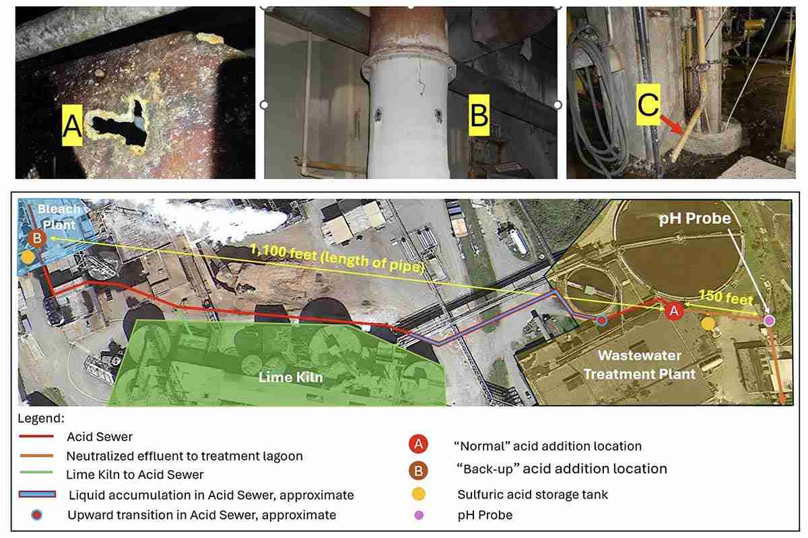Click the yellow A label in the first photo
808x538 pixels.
coord(72,125)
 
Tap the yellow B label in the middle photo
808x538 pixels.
coord(479,115)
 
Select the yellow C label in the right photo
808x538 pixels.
coord(648,104)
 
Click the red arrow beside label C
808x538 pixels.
coord(672,124)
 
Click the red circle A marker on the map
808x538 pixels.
coord(674,311)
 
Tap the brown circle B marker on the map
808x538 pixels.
coord(37,239)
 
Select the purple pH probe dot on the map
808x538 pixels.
coord(770,320)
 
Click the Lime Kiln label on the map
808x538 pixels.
coord(291,377)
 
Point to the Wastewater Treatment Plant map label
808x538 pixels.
coord(640,364)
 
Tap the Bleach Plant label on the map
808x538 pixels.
coord(59,217)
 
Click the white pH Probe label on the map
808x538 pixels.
coord(695,219)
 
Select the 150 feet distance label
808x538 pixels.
coord(726,297)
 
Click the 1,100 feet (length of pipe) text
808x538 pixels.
coord(336,258)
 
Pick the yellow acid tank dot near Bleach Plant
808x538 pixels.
coord(28,258)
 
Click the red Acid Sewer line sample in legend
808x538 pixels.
coord(36,436)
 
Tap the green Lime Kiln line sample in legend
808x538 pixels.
coord(36,471)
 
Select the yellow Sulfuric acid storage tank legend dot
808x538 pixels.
coord(418,494)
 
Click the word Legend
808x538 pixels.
coord(41,418)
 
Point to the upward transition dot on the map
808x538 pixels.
coord(601,320)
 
